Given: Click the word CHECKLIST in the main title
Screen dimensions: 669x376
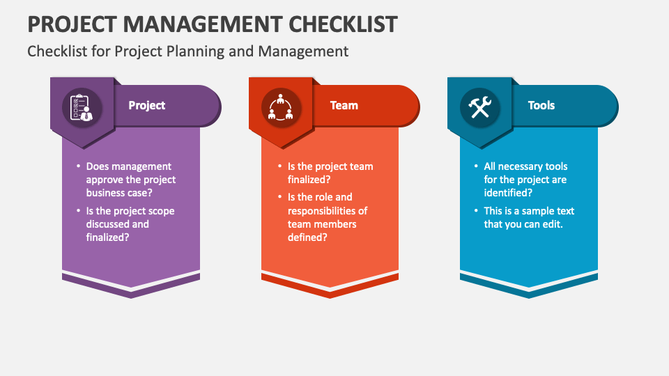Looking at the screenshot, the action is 343,24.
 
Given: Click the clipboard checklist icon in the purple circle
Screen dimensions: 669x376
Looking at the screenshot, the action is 82,107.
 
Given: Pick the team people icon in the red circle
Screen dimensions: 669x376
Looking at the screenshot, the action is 280,107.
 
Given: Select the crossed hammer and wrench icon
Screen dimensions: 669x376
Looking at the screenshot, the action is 479,107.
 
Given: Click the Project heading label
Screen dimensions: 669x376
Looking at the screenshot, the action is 147,105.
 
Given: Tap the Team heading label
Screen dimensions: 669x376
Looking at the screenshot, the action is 344,105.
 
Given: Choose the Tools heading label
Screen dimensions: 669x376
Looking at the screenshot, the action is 541,105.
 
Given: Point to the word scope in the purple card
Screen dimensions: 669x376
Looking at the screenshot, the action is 161,211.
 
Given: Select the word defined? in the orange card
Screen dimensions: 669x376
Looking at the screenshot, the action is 307,237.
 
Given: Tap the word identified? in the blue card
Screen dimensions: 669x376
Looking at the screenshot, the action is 508,193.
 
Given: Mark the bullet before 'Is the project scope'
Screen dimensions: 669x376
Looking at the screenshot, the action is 79,210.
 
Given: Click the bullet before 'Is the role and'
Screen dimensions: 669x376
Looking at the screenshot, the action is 280,196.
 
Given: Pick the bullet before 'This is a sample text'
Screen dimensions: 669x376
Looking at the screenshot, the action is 476,210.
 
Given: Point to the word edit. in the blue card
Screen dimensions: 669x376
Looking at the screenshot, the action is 553,224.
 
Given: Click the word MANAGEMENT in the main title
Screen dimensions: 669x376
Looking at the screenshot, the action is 202,24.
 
